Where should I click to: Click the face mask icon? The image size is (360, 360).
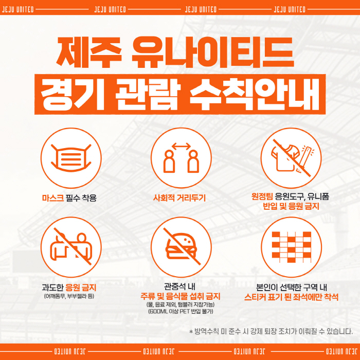click(71, 158)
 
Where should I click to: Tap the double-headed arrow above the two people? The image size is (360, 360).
click(181, 146)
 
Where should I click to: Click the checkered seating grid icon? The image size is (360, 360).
click(292, 247)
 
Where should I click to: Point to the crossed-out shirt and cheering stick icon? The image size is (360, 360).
click(292, 158)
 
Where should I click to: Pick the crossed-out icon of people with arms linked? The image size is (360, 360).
click(71, 246)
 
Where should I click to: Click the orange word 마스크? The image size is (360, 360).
click(53, 197)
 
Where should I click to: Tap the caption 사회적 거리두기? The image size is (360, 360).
click(179, 197)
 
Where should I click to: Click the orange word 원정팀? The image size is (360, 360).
click(262, 196)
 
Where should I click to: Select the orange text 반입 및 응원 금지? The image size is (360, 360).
click(291, 206)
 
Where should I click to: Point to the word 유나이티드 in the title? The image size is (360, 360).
click(213, 52)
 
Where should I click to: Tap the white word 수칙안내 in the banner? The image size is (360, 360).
click(255, 94)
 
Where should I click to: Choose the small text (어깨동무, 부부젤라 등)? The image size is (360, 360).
click(69, 296)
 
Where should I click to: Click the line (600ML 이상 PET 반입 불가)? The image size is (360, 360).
click(181, 311)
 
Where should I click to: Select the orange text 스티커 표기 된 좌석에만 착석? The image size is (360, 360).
click(291, 297)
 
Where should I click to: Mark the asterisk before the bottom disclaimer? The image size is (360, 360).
click(191, 332)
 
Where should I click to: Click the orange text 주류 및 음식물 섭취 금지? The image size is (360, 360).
click(181, 296)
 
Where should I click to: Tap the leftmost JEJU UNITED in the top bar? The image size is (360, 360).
click(17, 9)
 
